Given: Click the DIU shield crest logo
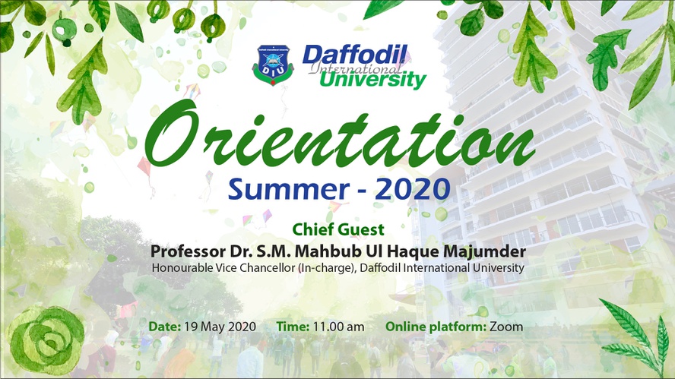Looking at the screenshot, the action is [x=273, y=65].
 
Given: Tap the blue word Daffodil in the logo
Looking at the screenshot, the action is [x=355, y=55].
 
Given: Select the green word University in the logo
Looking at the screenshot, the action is [x=372, y=80].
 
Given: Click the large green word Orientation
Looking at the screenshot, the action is [x=340, y=134].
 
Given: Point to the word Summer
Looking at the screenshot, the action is [x=288, y=189].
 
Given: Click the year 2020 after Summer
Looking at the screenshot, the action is [x=413, y=189].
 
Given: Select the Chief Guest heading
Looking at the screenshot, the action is [x=338, y=229].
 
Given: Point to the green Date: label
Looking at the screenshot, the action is [x=164, y=327].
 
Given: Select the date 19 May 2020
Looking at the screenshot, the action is [x=220, y=327].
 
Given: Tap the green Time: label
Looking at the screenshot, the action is [x=293, y=327].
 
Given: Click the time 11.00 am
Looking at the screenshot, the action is [x=338, y=327].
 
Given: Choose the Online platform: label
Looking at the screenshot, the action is [x=436, y=327].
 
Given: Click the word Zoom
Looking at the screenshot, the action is [x=506, y=327].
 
